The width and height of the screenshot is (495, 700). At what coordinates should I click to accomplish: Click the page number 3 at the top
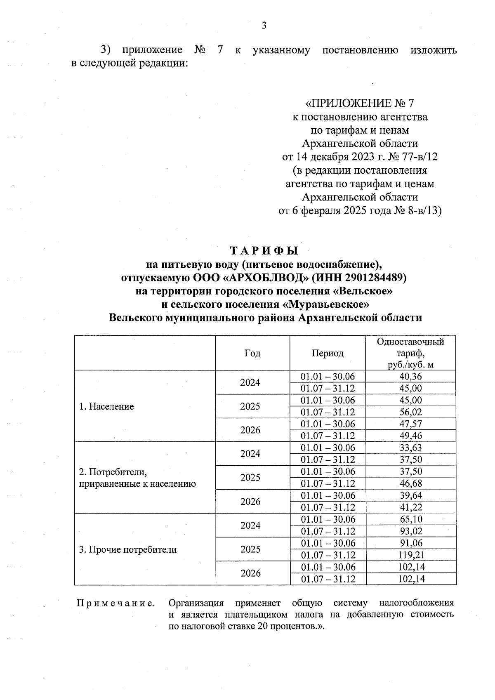pos(264,26)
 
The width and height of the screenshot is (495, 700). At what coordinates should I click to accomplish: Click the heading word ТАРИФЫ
pos(264,251)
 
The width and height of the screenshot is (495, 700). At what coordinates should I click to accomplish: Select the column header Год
pos(252,354)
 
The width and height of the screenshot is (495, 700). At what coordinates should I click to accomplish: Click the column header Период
pos(328,354)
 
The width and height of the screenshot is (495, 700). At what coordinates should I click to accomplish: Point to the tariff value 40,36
pos(411,376)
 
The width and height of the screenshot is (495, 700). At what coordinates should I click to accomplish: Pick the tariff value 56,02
pos(411,412)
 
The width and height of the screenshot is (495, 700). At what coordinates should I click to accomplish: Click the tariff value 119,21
pos(411,555)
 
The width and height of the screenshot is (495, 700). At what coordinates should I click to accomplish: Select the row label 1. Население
pos(106,406)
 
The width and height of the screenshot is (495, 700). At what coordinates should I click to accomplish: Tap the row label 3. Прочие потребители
pos(128,549)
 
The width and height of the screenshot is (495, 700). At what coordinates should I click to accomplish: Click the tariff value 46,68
pos(411,483)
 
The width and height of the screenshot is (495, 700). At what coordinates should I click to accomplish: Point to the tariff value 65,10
pos(411,519)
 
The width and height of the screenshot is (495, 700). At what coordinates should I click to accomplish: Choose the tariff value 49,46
pos(411,436)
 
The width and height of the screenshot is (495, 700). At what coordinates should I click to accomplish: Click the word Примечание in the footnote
pos(115,603)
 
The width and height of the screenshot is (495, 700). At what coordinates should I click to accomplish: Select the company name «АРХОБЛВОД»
pos(267,278)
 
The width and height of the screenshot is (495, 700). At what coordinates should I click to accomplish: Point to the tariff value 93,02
pos(411,531)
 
